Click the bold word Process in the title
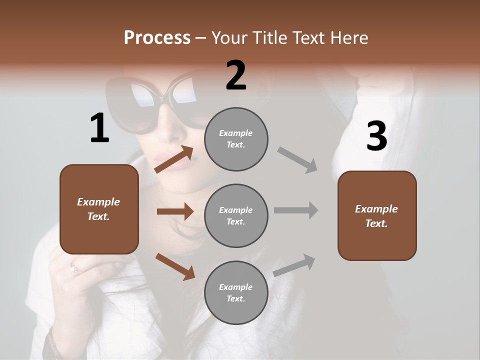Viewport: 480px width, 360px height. click(157, 38)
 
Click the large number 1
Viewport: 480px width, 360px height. click(99, 128)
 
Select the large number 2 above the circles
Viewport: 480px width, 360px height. click(236, 76)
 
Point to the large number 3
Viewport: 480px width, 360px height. click(376, 136)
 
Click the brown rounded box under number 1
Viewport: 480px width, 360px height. click(99, 209)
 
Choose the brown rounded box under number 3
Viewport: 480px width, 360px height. click(377, 215)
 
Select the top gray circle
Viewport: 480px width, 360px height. click(236, 139)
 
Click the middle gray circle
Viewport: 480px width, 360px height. click(236, 215)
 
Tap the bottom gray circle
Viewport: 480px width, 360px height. click(236, 292)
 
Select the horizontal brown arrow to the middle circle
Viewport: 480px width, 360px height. click(175, 211)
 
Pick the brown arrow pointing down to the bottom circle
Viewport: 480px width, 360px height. click(175, 266)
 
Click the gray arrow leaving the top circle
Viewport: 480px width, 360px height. click(297, 160)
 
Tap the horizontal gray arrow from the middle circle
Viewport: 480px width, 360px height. click(296, 210)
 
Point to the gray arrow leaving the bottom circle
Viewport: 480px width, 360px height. click(294, 265)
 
